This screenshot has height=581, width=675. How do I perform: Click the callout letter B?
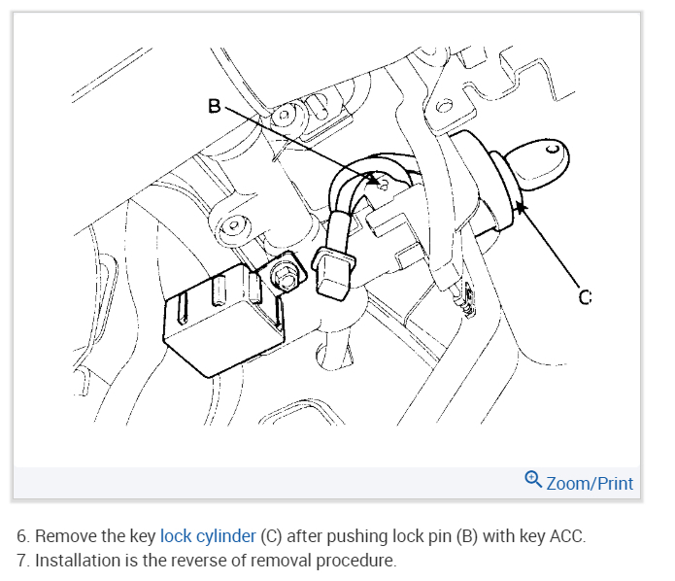[215, 105]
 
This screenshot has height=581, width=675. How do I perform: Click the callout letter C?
[585, 297]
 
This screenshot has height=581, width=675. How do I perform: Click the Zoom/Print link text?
[590, 483]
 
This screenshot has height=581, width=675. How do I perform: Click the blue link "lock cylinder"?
[208, 535]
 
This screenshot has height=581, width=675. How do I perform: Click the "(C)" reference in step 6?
[274, 535]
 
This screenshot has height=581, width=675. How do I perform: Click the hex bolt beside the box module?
[287, 275]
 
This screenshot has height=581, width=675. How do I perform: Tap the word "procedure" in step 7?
[355, 561]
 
